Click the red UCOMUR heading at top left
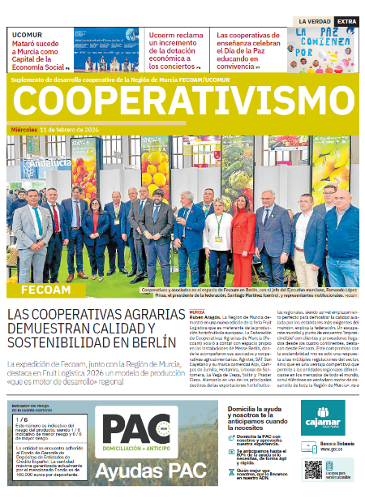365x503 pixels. (x=27, y=36)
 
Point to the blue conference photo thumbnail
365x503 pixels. (x=105, y=51)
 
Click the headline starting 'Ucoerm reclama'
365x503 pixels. (x=175, y=48)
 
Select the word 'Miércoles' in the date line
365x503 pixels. (x=24, y=130)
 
